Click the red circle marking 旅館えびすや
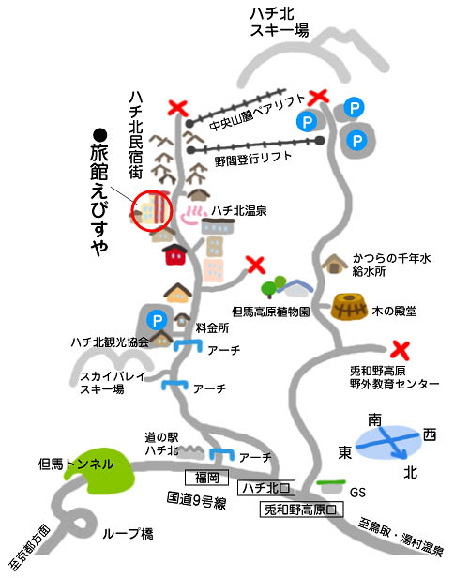pos(152,191)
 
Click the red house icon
pos(174,254)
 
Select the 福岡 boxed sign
pos(206,478)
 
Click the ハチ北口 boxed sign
pos(266,488)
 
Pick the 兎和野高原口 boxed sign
pos(301,510)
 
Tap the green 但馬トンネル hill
pos(99,470)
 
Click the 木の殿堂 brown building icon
pos(349,307)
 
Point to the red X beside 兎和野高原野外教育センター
pos(401,350)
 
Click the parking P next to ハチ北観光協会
pos(157,320)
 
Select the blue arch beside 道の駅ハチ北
pos(221,454)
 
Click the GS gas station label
pos(357,492)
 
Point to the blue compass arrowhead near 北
pos(400,454)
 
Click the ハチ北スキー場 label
pos(279,23)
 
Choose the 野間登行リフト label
pos(253,159)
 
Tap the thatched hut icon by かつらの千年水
pos(335,264)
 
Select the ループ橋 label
pos(128,533)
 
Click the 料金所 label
pos(212,328)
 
